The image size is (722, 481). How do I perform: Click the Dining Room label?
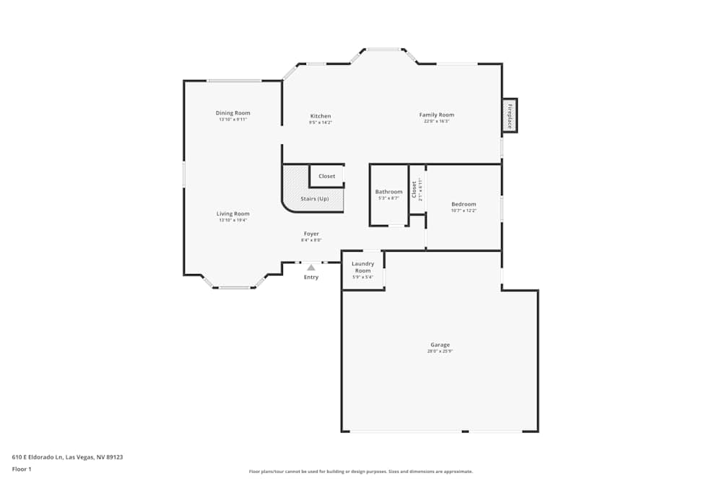tap(233, 113)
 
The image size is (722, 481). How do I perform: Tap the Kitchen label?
tap(321, 116)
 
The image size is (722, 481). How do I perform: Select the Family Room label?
tap(437, 115)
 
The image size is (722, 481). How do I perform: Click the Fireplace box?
tap(510, 115)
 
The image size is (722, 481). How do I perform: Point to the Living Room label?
tap(233, 213)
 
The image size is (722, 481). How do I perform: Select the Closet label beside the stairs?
tap(327, 176)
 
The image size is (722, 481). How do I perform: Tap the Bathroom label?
tap(389, 192)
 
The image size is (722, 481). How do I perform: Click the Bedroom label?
tap(464, 204)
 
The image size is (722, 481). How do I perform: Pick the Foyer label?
tap(311, 234)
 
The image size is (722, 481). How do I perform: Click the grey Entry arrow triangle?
tap(311, 268)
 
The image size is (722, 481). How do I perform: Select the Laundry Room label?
tap(362, 267)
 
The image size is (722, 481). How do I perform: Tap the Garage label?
tap(440, 345)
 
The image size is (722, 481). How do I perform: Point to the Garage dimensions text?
tap(440, 351)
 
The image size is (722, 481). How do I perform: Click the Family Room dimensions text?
tap(437, 121)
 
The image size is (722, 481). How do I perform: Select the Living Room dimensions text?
tap(233, 220)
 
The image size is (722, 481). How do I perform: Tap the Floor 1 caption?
tap(22, 469)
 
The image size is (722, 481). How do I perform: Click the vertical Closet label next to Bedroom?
tap(414, 190)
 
